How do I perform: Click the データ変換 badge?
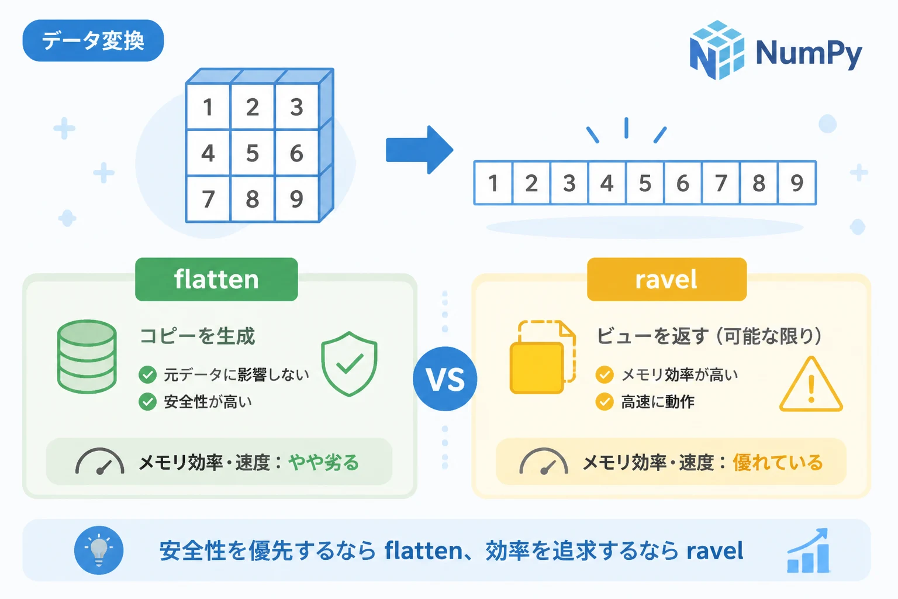(93, 40)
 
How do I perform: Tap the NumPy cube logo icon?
(717, 50)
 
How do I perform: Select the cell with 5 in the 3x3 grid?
(253, 153)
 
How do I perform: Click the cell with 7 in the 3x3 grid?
(209, 199)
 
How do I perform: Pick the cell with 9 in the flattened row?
(797, 183)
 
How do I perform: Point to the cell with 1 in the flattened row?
(493, 183)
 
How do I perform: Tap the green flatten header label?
(216, 279)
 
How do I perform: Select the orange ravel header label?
(666, 279)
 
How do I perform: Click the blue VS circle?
(445, 378)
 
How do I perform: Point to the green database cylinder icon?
(87, 356)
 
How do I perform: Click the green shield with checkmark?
(349, 364)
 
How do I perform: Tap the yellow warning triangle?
(811, 384)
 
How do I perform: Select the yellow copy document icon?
(543, 357)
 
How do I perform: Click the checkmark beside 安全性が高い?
(147, 402)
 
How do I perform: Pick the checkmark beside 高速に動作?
(605, 402)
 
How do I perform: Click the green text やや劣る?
(323, 462)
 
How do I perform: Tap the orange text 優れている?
(778, 462)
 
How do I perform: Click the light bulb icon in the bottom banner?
(99, 550)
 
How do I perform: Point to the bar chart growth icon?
(808, 550)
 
